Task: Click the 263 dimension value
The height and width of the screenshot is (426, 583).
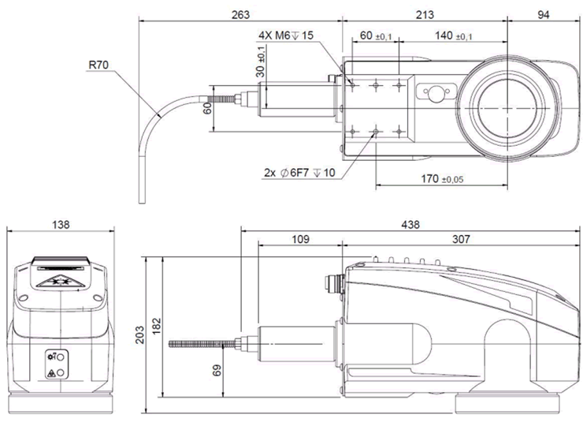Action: [240, 14]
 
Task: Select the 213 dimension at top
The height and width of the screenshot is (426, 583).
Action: [425, 14]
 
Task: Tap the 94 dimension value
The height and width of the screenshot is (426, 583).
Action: [544, 15]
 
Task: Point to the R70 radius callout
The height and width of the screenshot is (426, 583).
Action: [98, 65]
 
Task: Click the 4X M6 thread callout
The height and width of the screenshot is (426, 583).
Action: [286, 35]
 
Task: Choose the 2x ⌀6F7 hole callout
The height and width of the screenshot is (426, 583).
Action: [299, 173]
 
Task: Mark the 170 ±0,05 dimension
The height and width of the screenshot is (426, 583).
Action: [442, 179]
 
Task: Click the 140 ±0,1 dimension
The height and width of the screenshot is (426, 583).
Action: [454, 35]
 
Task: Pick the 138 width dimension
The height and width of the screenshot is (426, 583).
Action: [61, 225]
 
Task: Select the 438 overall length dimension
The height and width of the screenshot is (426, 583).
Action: [410, 225]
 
